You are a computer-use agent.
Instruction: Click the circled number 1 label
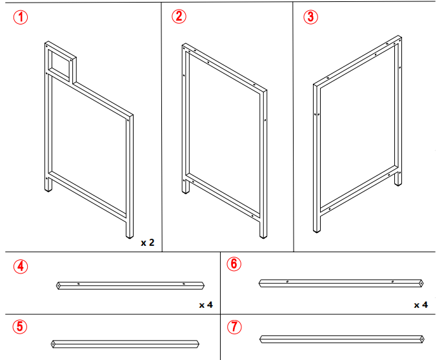pyautogui.click(x=21, y=17)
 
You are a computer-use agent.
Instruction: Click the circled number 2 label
pyautogui.click(x=179, y=17)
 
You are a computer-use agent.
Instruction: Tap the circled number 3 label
pyautogui.click(x=310, y=17)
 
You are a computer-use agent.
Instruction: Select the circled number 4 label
pyautogui.click(x=21, y=265)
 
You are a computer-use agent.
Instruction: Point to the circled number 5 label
pyautogui.click(x=21, y=326)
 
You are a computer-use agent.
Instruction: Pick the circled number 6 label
pyautogui.click(x=234, y=263)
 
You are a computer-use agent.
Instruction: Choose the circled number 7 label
pyautogui.click(x=234, y=326)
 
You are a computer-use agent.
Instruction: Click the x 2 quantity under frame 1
pyautogui.click(x=148, y=243)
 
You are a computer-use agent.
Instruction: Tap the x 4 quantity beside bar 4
pyautogui.click(x=206, y=304)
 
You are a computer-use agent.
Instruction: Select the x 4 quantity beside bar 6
pyautogui.click(x=421, y=304)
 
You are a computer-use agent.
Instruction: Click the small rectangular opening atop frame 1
pyautogui.click(x=62, y=62)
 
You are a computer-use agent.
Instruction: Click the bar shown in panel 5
pyautogui.click(x=125, y=343)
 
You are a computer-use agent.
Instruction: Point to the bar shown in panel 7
pyautogui.click(x=342, y=339)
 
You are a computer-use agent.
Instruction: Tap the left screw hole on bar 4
pyautogui.click(x=78, y=283)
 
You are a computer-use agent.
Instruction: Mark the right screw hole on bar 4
pyautogui.click(x=184, y=284)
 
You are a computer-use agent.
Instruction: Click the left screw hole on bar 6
pyautogui.click(x=287, y=281)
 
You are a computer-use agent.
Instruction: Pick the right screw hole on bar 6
pyautogui.click(x=392, y=281)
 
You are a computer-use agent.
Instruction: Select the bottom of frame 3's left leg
pyautogui.click(x=316, y=230)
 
